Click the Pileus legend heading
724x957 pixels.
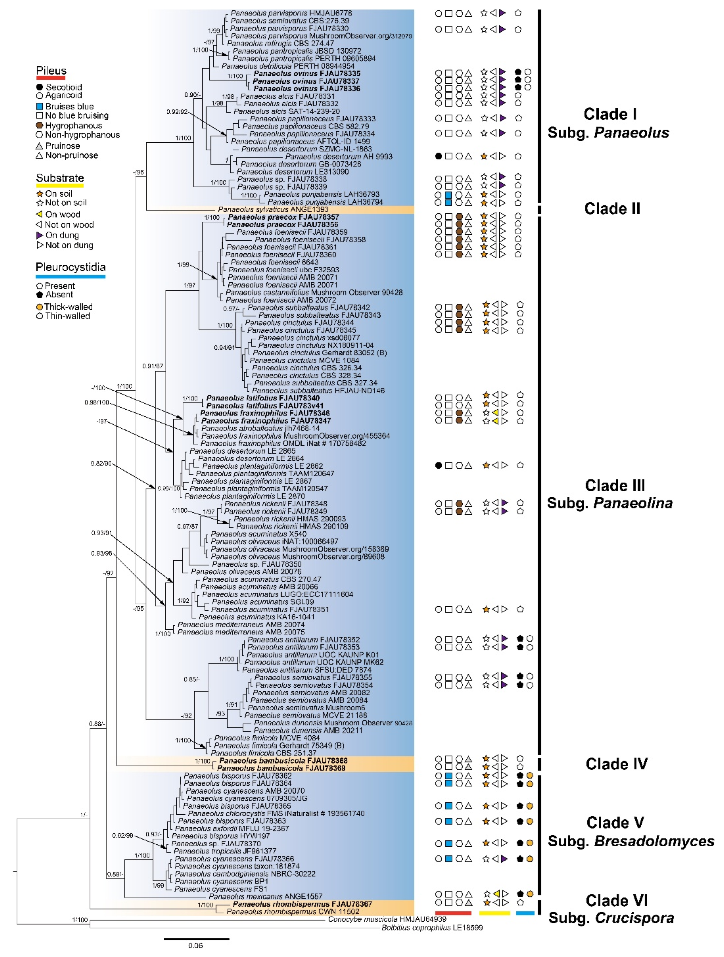pos(51,71)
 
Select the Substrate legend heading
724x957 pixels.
pos(60,178)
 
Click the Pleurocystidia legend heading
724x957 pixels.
pos(71,267)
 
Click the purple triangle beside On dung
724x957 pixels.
pos(40,235)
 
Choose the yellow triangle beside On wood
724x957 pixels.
pos(40,214)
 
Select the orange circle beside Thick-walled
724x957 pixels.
pos(39,307)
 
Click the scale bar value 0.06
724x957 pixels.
pos(195,945)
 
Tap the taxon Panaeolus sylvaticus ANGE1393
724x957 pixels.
pos(273,209)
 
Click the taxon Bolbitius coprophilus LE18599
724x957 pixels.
pos(432,928)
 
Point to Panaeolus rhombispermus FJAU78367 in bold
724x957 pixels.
pos(296,904)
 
